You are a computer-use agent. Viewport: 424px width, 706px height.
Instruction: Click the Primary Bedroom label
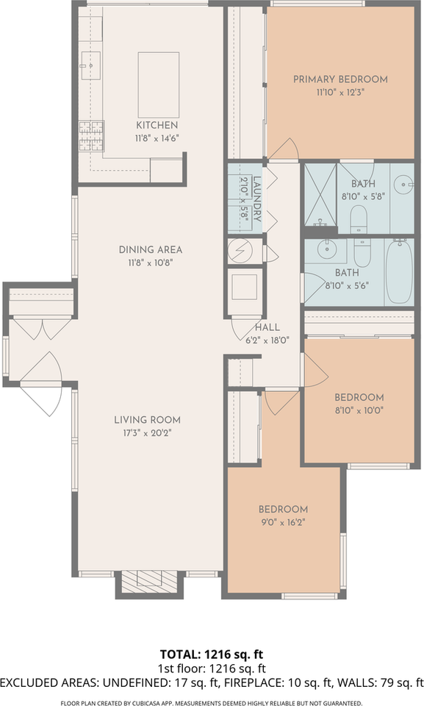pos(340,79)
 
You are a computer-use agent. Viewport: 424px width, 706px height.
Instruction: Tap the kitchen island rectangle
pos(159,85)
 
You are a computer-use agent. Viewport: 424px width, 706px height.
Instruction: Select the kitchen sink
pos(90,65)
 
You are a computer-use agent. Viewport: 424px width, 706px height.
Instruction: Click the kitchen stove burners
pos(91,135)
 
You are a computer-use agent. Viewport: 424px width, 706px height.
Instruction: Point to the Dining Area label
pos(151,249)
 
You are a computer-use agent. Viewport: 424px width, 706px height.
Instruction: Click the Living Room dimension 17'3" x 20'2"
pos(147,433)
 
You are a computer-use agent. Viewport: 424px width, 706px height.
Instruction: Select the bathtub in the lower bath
pos(399,271)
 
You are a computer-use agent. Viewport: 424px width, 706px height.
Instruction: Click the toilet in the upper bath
pos(359,218)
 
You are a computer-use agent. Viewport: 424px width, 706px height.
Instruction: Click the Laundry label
pos(257,199)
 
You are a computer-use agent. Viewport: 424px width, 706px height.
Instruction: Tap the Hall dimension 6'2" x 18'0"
pos(267,340)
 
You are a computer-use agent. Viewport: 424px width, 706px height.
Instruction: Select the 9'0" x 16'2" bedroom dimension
pos(283,523)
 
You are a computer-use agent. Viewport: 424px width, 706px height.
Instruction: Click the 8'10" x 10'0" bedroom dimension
pos(359,410)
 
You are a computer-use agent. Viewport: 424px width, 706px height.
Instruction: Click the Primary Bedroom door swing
pos(284,149)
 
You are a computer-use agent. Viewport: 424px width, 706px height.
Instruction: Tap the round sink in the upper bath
pos(403,184)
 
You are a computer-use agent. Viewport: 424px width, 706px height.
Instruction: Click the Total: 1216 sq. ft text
pos(212,655)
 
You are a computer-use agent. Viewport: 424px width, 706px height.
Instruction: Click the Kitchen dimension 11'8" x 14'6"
pos(157,138)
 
